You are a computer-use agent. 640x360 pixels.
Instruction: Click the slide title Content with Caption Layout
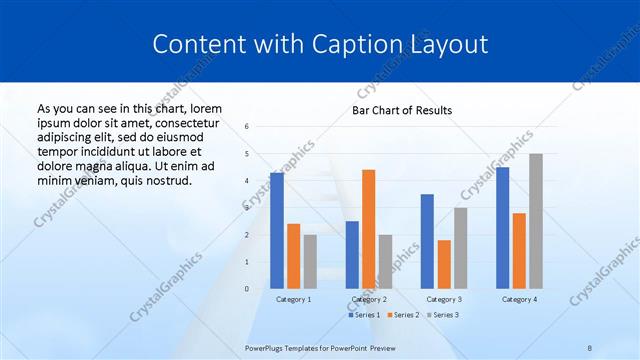(x=320, y=45)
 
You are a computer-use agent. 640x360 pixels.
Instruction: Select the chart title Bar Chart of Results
(x=401, y=110)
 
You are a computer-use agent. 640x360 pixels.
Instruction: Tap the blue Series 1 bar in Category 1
(x=276, y=231)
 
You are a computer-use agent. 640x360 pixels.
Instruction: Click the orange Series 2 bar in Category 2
(x=368, y=229)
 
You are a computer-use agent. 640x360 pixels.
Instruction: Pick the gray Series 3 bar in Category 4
(x=536, y=221)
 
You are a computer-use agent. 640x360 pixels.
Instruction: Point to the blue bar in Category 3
(x=427, y=241)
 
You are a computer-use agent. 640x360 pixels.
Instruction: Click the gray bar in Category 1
(x=310, y=262)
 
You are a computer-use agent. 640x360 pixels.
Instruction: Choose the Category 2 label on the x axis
(x=369, y=299)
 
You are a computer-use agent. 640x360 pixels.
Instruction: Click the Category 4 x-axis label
(x=519, y=299)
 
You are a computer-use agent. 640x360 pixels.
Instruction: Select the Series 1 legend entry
(x=366, y=315)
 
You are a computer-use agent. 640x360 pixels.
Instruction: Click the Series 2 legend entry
(x=403, y=315)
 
